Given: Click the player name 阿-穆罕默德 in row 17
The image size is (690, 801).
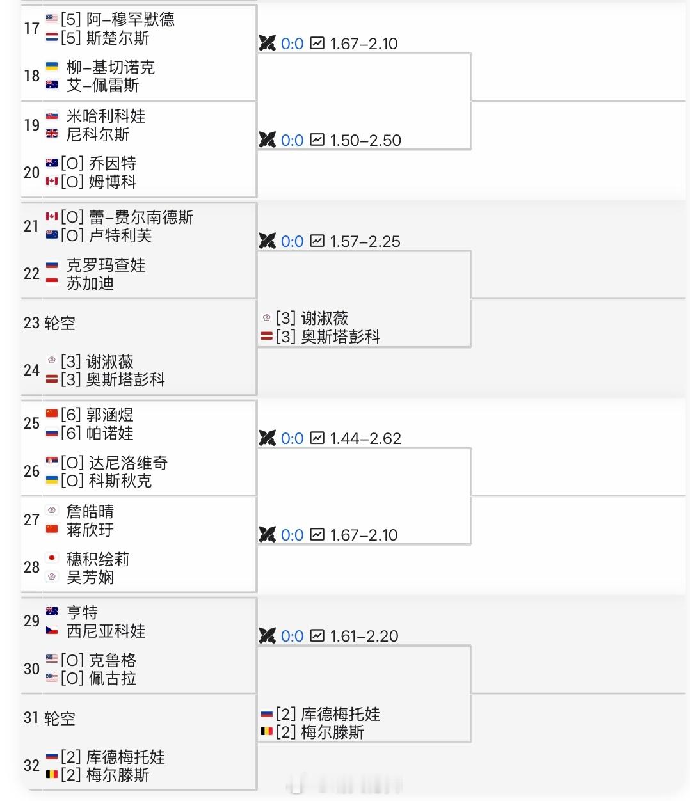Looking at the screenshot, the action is [x=130, y=20].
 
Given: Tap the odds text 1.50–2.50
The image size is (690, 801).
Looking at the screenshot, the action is [x=365, y=141].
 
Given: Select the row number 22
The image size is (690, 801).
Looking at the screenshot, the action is [x=31, y=274].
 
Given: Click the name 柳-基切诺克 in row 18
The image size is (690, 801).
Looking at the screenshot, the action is [x=110, y=68].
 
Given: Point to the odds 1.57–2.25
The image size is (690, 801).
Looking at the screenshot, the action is [x=365, y=242].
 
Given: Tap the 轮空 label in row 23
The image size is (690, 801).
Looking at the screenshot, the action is [x=60, y=323].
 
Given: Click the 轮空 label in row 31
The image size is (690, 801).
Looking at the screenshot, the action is [x=60, y=718].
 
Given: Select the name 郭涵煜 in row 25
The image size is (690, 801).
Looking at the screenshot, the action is [x=109, y=415].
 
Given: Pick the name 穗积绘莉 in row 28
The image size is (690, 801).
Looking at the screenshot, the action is [x=97, y=560].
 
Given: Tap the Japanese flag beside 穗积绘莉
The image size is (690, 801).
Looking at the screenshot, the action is [x=52, y=559].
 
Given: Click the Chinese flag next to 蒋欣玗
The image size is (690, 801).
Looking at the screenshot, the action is [x=52, y=529].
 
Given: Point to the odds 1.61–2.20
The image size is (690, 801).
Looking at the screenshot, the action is [x=364, y=637].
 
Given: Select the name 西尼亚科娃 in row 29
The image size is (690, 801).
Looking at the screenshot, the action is [x=106, y=631].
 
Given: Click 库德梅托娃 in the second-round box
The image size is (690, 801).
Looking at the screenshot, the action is [x=340, y=715].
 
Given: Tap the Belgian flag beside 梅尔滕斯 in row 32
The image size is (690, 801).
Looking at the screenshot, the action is [x=52, y=775].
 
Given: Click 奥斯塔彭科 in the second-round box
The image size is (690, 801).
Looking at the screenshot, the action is [x=340, y=337].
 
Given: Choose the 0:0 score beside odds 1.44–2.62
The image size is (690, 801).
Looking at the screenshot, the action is [x=292, y=439].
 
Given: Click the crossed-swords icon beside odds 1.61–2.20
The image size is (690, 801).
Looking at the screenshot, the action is [x=267, y=636].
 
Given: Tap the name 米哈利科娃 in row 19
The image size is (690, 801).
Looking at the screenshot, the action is [x=106, y=116].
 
